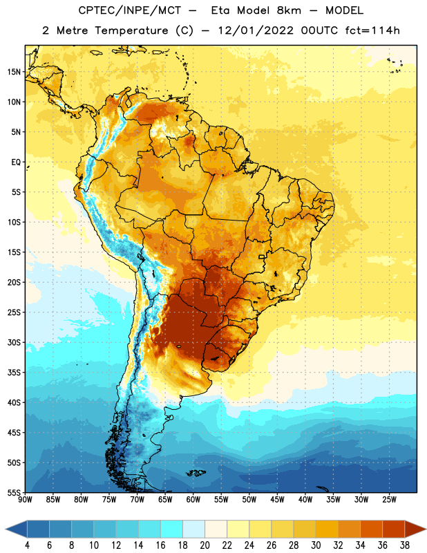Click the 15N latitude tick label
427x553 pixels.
point(14,72)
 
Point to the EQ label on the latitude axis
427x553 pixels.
point(16,162)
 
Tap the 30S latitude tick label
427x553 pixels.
point(14,342)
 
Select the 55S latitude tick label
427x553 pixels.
point(14,493)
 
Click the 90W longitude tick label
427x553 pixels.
point(25,500)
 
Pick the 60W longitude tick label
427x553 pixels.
point(193,500)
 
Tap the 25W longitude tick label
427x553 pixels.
point(389,500)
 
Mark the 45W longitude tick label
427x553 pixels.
point(277,500)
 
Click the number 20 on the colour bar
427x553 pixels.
point(205,545)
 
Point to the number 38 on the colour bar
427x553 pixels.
point(405,545)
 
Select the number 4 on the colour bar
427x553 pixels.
point(27,545)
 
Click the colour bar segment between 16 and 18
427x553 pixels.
point(172,529)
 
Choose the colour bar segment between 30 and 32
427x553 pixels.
point(327,529)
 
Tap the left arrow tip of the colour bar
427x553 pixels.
point(6,529)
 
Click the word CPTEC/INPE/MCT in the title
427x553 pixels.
point(130,10)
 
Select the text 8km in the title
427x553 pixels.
point(289,10)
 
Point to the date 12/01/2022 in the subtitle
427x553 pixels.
point(256,30)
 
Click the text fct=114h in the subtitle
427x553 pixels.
point(372,30)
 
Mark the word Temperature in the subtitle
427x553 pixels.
point(131,30)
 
